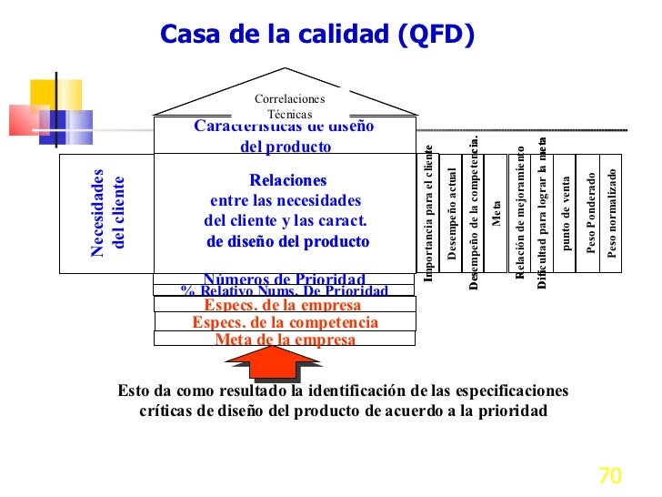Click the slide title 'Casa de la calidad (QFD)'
(317, 34)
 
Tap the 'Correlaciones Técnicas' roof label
(289, 106)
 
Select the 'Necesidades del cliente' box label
(106, 213)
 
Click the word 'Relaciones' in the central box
(287, 180)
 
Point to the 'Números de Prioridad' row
(285, 279)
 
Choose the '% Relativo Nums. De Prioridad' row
(285, 291)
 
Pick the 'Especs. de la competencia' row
(285, 322)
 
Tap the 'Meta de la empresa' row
(285, 340)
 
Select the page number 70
(608, 476)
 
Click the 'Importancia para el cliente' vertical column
(428, 214)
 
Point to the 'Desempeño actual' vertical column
(452, 214)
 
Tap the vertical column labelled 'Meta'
(496, 214)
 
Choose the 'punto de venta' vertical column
(567, 214)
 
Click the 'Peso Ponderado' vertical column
(591, 214)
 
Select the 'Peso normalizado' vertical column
(612, 214)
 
